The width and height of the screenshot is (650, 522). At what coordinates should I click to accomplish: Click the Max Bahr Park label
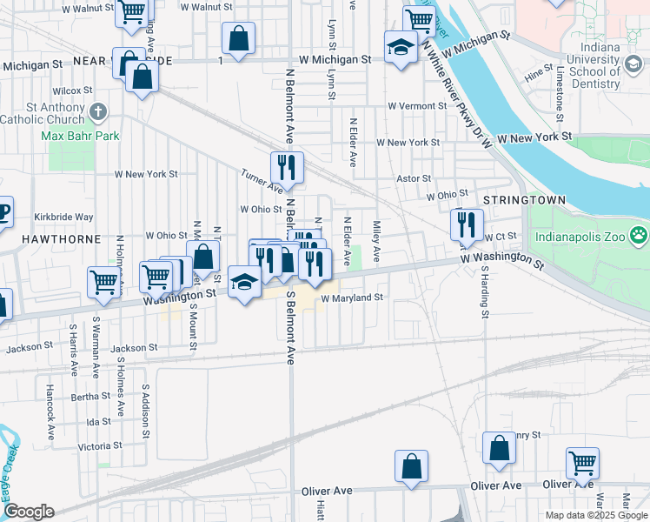point(80,136)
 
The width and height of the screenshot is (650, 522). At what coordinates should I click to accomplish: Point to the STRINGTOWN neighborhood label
point(524,200)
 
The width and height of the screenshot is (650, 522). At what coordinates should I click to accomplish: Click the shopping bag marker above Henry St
point(500,448)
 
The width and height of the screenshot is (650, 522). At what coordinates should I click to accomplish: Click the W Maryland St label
point(352,298)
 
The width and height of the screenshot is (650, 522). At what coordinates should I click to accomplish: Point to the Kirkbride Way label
point(63,217)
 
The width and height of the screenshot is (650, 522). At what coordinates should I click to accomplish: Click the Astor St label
point(414,178)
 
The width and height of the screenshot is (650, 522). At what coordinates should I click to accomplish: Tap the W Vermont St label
point(417,105)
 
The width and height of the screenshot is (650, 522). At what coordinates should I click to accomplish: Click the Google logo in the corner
point(29,512)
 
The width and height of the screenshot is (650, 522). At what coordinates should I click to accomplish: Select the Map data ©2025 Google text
point(595,515)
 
